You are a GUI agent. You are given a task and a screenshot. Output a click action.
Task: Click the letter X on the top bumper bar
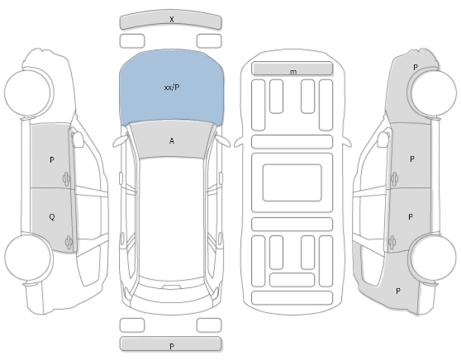[x=172, y=19]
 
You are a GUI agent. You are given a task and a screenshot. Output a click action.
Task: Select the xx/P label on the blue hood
[x=172, y=88]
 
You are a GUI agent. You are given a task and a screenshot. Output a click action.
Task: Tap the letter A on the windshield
[x=172, y=141]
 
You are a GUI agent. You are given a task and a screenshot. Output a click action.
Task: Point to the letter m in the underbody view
[x=293, y=72]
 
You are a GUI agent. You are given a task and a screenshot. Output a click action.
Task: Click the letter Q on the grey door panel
[x=52, y=217]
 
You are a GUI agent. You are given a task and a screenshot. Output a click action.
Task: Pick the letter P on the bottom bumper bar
[x=172, y=346]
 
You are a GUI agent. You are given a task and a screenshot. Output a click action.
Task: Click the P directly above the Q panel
[x=52, y=160]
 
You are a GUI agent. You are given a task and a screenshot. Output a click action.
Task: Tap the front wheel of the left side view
[x=27, y=92]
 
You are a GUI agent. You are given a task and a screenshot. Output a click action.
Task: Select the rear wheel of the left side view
[x=29, y=257]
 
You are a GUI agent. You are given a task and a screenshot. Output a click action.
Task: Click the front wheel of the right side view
[x=433, y=92]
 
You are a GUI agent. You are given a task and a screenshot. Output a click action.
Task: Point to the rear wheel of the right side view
[x=433, y=258]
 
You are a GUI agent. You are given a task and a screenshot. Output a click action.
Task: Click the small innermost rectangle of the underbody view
[x=292, y=182]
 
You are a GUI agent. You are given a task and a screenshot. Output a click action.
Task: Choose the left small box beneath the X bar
[x=132, y=40]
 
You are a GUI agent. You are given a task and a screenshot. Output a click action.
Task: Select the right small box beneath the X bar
[x=209, y=40]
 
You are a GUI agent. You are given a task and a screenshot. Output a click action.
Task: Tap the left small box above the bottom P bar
[x=132, y=325]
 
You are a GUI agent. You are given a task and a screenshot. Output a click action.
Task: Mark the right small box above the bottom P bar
[x=209, y=325]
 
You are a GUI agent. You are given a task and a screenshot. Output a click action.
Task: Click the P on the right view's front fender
[x=415, y=68]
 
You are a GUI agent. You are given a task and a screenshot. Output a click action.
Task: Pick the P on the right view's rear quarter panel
[x=397, y=291]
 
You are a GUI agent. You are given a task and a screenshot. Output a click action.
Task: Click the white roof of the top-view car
[x=171, y=217]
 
